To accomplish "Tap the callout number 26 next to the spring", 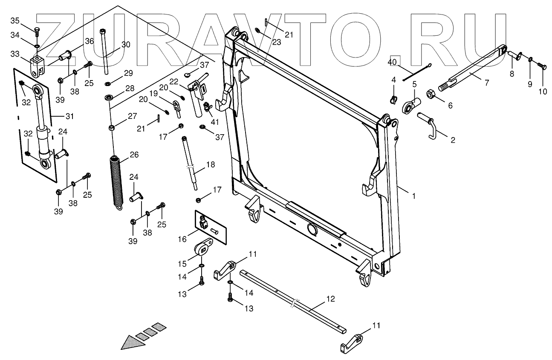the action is pos(133,155).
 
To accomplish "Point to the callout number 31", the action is pos(69,116).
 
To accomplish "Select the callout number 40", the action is pos(393,62).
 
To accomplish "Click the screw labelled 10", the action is pos(542,66).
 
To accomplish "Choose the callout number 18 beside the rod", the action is pos(211,164).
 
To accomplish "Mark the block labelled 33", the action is pos(36,64).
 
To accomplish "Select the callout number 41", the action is pos(215,121).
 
